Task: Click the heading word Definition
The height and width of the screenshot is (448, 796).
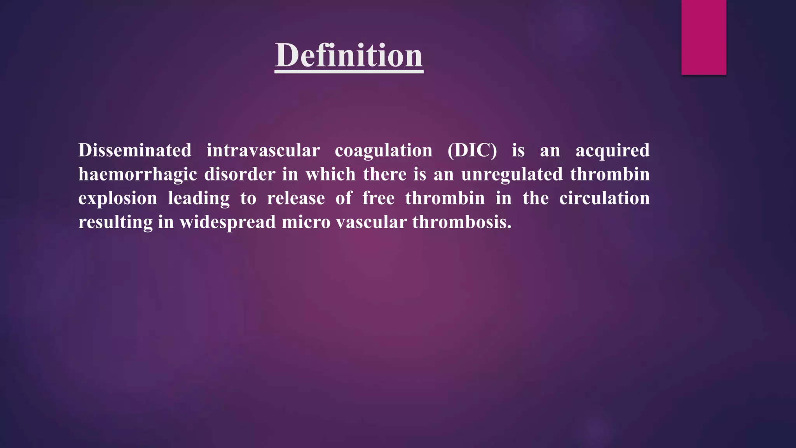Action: click(x=349, y=56)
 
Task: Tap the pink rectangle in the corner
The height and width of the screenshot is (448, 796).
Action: click(x=703, y=37)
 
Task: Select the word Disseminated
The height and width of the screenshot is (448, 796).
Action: click(x=135, y=150)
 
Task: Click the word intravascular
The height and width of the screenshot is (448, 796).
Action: click(x=263, y=150)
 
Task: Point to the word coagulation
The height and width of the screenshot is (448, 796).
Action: click(x=383, y=151)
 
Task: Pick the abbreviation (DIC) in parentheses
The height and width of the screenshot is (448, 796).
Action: click(x=472, y=150)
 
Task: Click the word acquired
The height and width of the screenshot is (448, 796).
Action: click(x=612, y=151)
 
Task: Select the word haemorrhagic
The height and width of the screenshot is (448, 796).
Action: click(x=138, y=175)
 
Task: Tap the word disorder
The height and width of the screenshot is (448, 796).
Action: click(x=240, y=174)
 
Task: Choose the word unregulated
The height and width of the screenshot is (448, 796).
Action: click(x=512, y=175)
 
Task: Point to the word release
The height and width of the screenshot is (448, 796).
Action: click(x=296, y=198)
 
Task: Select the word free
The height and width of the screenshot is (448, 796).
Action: click(x=378, y=198)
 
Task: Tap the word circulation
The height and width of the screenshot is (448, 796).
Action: click(x=604, y=198)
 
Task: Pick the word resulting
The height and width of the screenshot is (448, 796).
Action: click(x=115, y=222)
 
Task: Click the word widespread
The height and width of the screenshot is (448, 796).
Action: click(x=227, y=222)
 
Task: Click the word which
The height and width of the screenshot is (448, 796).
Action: click(x=330, y=174)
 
